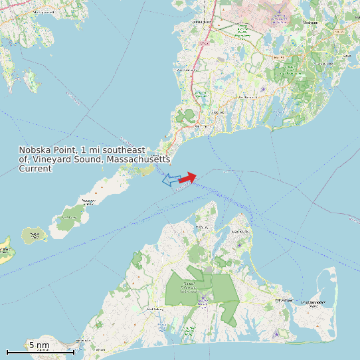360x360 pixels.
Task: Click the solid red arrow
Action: [188, 177]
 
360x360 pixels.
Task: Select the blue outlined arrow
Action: [171, 180]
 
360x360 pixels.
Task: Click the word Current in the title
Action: [35, 169]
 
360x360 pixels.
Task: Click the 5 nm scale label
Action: [39, 345]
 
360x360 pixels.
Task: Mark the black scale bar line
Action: [41, 351]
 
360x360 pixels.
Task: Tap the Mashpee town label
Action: [310, 22]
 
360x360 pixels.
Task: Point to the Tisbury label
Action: [202, 227]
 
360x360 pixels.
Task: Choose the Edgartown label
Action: [284, 300]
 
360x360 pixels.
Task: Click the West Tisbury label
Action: [153, 310]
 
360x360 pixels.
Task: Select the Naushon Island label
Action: [88, 201]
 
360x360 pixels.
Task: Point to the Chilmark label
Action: [100, 350]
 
